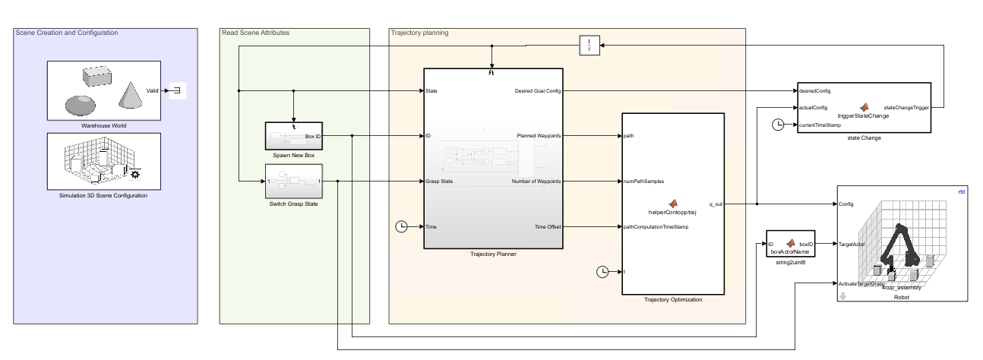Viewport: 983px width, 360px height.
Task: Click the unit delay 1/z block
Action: click(589, 46)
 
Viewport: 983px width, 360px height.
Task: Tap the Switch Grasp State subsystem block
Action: click(293, 182)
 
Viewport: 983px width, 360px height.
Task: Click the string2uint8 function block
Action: click(791, 245)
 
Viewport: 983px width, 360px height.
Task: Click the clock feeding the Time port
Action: click(403, 226)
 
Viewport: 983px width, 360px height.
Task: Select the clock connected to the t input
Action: click(602, 271)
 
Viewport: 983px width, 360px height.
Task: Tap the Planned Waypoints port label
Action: click(539, 136)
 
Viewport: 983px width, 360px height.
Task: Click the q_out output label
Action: click(716, 204)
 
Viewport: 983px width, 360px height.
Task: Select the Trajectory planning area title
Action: click(419, 33)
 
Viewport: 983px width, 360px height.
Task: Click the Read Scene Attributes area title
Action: click(255, 33)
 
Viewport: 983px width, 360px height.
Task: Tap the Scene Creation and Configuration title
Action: click(67, 33)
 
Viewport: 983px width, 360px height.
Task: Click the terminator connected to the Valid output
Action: click(176, 91)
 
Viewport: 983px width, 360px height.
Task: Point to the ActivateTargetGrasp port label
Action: click(862, 283)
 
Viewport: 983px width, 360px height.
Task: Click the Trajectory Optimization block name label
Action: click(673, 300)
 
